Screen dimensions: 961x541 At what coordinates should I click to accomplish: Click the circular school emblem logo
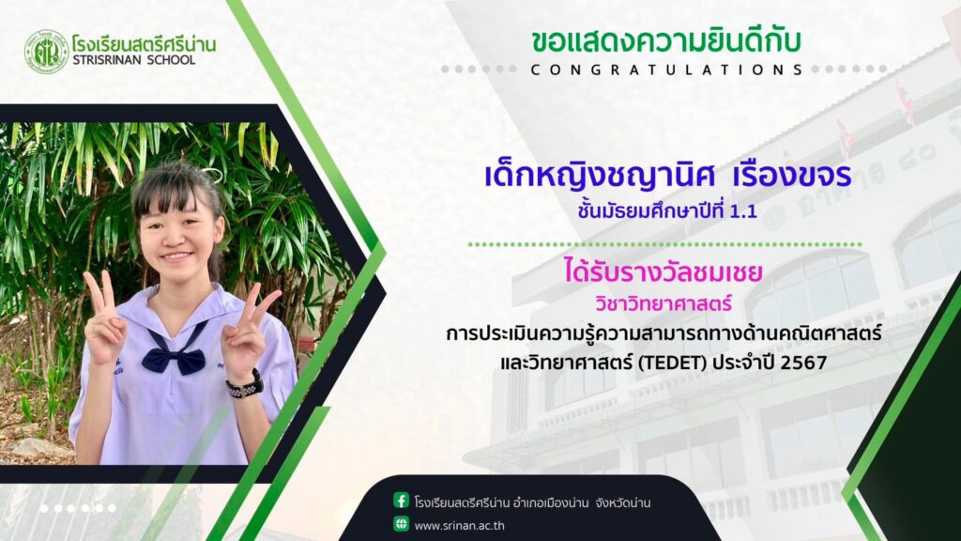pos(46,53)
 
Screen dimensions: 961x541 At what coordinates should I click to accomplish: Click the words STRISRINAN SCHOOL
pos(134,60)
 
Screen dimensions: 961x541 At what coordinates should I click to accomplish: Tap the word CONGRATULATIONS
pos(667,70)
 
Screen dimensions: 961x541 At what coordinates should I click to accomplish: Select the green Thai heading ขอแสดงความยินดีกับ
pos(666,40)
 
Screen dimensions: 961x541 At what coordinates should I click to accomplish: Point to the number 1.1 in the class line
pos(743,211)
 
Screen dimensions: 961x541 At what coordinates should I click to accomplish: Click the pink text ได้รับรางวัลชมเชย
pos(664,271)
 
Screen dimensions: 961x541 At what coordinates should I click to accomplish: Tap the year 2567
pos(804,363)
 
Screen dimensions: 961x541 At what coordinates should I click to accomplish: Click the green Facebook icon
pos(401,501)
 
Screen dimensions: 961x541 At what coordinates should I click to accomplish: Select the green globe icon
pos(401,524)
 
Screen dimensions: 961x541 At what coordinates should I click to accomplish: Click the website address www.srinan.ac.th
pos(460,526)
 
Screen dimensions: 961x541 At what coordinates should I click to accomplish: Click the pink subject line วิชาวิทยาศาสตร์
pos(664,303)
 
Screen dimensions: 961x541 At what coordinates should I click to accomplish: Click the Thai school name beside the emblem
pos(144,43)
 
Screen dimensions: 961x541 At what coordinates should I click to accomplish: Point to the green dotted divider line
pos(664,245)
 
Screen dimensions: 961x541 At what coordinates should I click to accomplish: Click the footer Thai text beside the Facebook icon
pos(533,503)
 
